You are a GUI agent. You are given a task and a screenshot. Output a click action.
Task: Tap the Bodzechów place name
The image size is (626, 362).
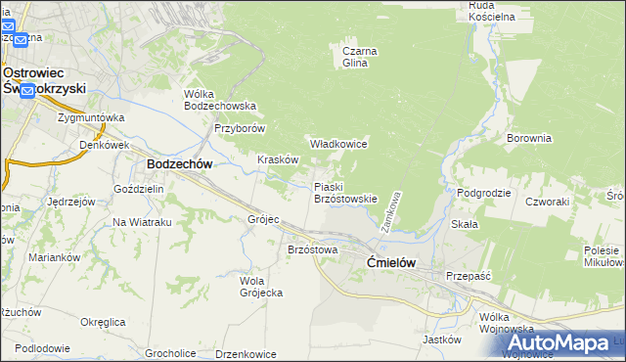pyautogui.click(x=180, y=165)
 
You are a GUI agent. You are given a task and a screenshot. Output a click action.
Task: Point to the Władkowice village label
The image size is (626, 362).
pyautogui.click(x=338, y=144)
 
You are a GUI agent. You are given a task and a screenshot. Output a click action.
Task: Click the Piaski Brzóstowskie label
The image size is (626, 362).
pyautogui.click(x=344, y=192)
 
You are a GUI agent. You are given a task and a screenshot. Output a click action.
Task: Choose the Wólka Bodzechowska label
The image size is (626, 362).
pyautogui.click(x=220, y=100)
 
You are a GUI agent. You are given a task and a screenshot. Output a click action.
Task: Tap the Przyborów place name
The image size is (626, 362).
pyautogui.click(x=241, y=128)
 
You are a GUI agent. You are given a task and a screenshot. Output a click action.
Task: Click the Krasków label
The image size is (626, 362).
pyautogui.click(x=277, y=159)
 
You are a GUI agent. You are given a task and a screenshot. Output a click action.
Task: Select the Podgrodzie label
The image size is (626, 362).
pyautogui.click(x=484, y=193)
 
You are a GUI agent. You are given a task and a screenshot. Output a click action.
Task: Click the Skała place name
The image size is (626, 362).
pyautogui.click(x=465, y=223)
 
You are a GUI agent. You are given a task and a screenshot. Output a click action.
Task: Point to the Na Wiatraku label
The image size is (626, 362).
pyautogui.click(x=142, y=222)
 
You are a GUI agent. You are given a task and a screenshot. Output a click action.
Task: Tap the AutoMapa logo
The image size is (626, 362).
pyautogui.click(x=559, y=342)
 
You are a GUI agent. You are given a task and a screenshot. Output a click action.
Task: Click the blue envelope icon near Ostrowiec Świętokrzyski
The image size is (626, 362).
pyautogui.click(x=27, y=91)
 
